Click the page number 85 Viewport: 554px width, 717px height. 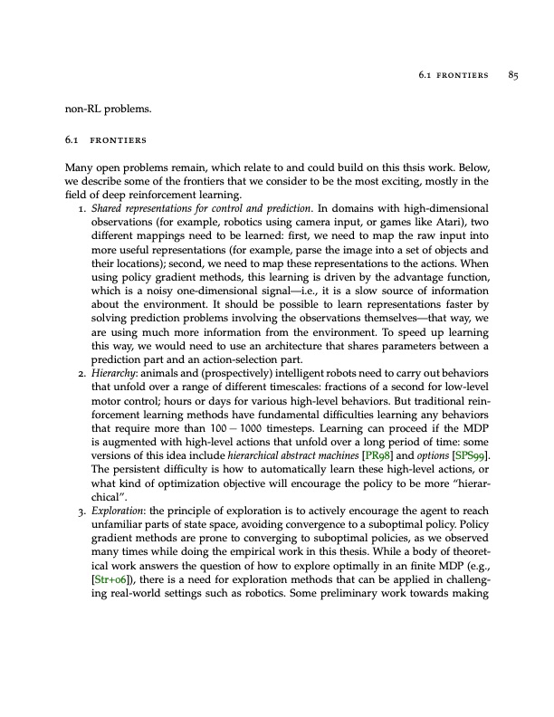pos(511,76)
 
